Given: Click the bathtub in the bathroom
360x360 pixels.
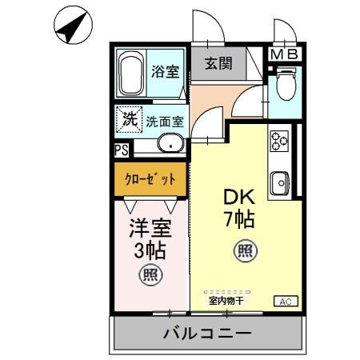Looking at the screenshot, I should point(131,74).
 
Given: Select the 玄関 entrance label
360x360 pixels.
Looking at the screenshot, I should point(217,64).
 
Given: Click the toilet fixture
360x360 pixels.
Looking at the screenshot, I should point(286,86).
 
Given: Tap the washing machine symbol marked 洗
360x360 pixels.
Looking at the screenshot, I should point(129,120).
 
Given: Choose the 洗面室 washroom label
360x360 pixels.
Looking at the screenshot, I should point(165,122).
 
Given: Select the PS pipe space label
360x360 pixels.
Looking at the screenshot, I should point(122,149).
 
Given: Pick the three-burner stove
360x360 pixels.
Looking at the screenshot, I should point(280,142).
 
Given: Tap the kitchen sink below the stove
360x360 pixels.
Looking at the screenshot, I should point(280,182).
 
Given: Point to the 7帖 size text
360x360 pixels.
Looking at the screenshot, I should point(238,218).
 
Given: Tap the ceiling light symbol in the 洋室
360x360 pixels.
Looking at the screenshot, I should point(150,275).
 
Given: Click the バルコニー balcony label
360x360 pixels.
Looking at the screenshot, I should point(209,334).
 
